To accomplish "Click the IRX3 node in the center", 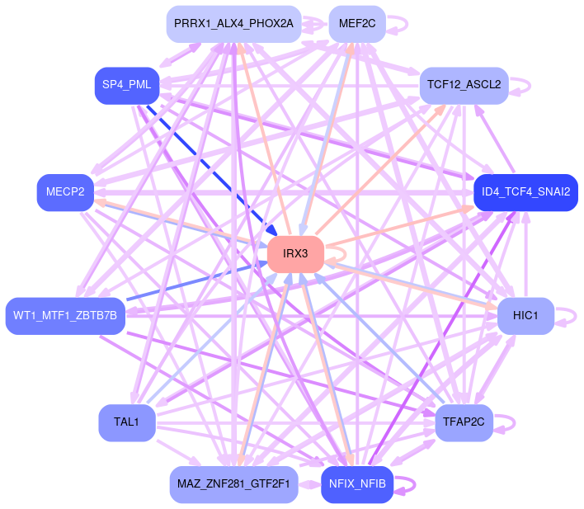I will pyautogui.click(x=295, y=253).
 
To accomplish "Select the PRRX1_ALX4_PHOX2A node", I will pyautogui.click(x=233, y=23).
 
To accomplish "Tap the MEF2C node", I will pyautogui.click(x=357, y=23).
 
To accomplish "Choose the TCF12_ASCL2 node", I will pyautogui.click(x=464, y=85).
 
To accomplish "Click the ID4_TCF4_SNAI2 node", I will pyautogui.click(x=525, y=192).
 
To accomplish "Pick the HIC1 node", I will pyautogui.click(x=525, y=315).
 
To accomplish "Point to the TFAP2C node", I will pyautogui.click(x=464, y=422).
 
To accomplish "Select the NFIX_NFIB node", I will pyautogui.click(x=357, y=484).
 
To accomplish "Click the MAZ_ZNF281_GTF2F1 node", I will pyautogui.click(x=233, y=484).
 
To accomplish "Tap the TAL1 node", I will pyautogui.click(x=126, y=422).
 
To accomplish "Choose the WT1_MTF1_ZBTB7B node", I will pyautogui.click(x=65, y=315).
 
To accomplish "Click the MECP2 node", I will pyautogui.click(x=65, y=192).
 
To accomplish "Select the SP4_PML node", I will pyautogui.click(x=126, y=85).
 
